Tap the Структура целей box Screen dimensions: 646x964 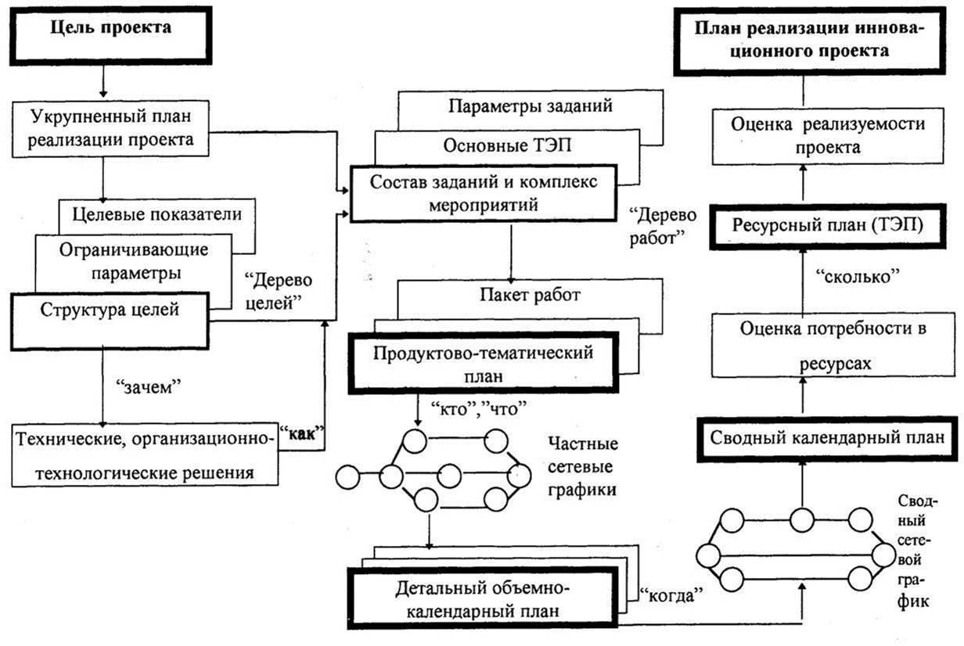[110, 310]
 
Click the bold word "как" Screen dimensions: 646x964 [301, 438]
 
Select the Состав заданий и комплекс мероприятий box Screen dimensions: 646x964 [486, 193]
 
